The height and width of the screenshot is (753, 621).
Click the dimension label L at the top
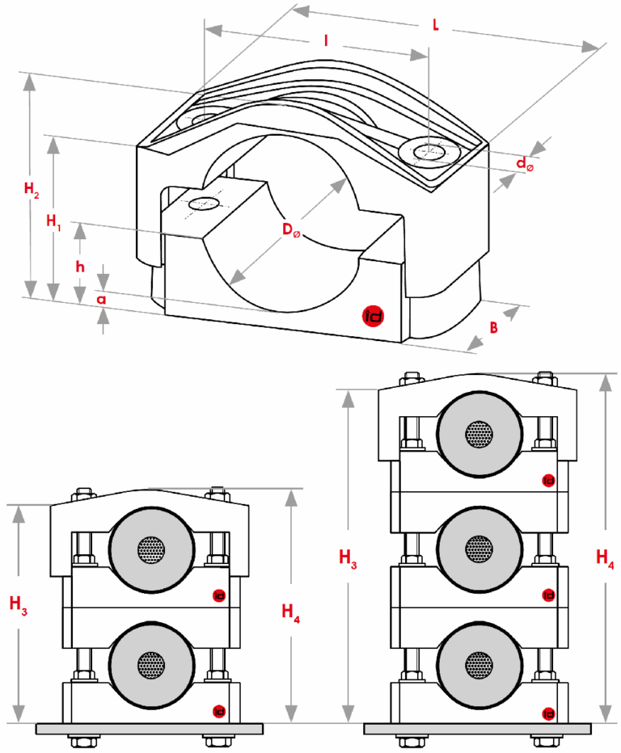tap(436, 26)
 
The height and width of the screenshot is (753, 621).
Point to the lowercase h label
tap(80, 267)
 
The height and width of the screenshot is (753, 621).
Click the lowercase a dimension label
tap(101, 298)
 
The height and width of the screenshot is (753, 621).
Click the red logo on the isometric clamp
tap(374, 317)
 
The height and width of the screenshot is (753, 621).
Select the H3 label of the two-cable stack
tap(19, 602)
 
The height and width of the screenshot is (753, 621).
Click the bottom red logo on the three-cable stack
tap(549, 713)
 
